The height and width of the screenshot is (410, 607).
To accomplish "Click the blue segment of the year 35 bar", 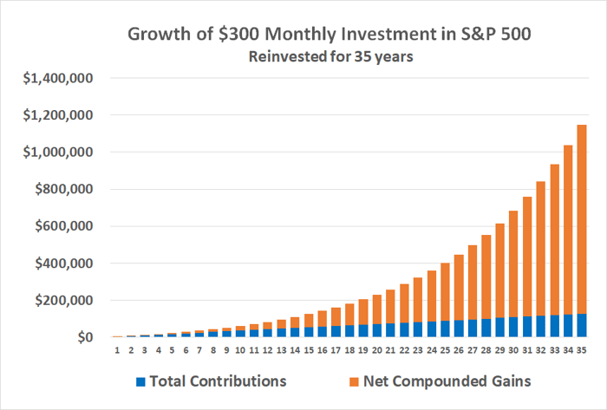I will click(579, 325).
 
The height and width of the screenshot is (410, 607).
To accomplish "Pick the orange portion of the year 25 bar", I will click(444, 291).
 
